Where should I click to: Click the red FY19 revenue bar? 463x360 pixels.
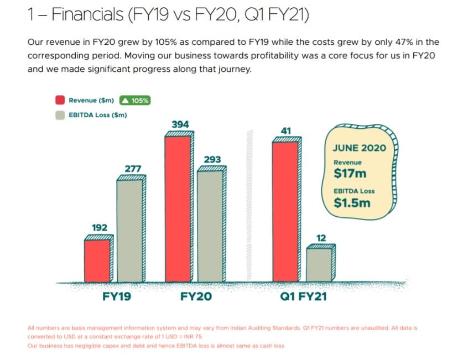click(x=97, y=260)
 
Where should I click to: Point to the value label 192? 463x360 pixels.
click(x=100, y=228)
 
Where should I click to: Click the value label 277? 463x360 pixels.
click(x=133, y=168)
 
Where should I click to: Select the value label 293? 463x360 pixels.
click(x=212, y=160)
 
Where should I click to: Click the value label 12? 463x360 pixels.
click(x=321, y=238)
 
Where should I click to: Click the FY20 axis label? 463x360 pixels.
click(x=196, y=297)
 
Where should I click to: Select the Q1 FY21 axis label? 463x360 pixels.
click(x=303, y=297)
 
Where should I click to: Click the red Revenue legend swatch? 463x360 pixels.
click(x=60, y=101)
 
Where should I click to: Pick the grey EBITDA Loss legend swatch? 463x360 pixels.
click(x=60, y=115)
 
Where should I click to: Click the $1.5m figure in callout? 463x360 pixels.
click(x=352, y=203)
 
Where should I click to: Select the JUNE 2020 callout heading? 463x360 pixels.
click(x=359, y=148)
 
